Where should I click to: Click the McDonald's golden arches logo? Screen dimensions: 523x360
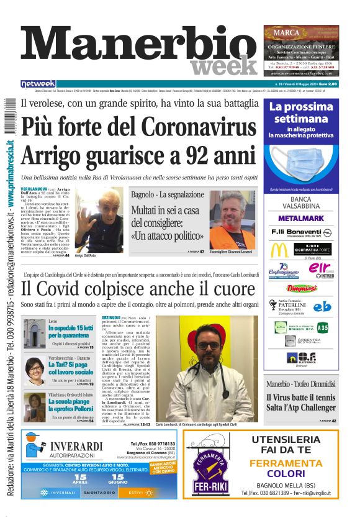pos(279,250)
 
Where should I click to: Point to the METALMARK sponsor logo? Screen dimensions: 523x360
pos(301,219)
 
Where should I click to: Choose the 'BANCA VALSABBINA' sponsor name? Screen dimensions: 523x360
pos(301,204)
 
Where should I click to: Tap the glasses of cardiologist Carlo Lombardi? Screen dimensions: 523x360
pos(209,345)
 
